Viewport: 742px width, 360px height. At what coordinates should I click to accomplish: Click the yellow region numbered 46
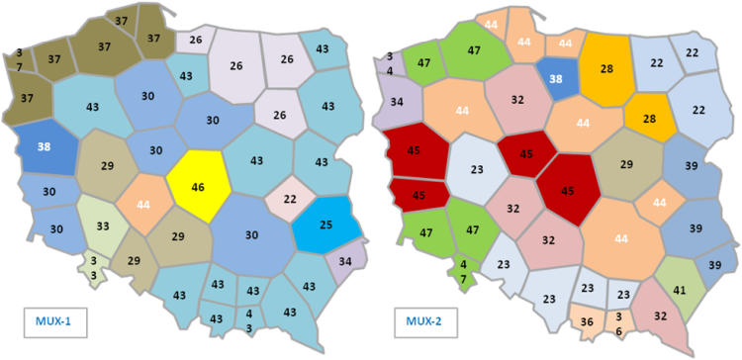coord(199,186)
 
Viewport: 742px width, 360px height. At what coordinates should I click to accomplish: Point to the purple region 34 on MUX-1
coord(344,262)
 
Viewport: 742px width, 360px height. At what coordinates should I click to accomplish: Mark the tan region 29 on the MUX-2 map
coord(626,164)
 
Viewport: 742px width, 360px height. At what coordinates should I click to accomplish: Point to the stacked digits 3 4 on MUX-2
coord(390,63)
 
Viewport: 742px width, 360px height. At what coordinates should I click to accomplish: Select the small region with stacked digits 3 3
coord(94,268)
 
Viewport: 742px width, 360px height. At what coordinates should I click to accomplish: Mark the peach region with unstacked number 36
coord(587,320)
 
